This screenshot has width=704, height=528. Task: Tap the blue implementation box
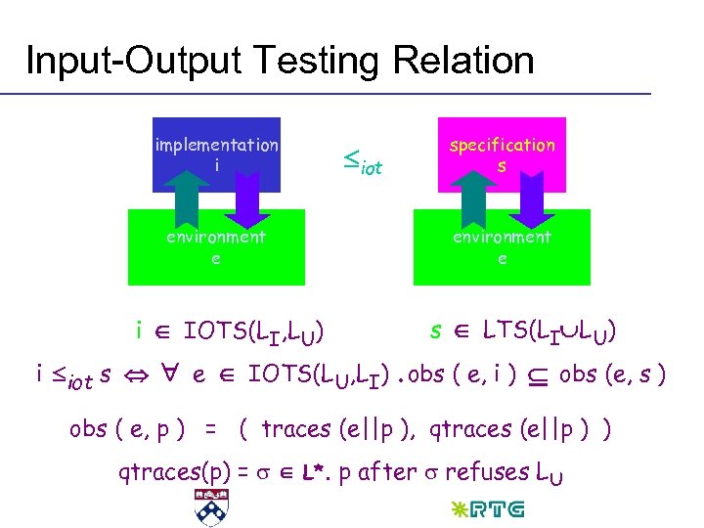click(216, 154)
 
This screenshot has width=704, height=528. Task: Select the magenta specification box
click(502, 154)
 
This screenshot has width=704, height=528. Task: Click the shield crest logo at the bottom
click(208, 506)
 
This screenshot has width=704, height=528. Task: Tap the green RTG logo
click(490, 508)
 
